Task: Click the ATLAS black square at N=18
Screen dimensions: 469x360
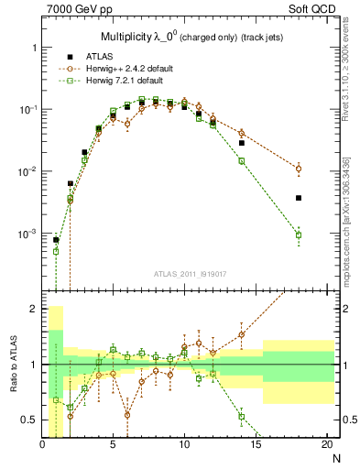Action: [299, 198]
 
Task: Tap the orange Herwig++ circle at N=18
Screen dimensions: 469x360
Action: [299, 169]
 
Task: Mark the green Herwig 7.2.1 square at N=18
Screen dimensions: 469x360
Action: [299, 234]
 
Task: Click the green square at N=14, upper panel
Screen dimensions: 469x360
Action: [242, 161]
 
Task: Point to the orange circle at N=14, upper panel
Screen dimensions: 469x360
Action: [242, 133]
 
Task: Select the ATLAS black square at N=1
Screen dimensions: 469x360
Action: [56, 240]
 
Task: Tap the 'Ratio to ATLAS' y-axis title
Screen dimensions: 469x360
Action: [12, 364]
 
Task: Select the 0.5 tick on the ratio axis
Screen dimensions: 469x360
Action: [30, 420]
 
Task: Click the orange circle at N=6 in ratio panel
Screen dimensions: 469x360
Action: [127, 414]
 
